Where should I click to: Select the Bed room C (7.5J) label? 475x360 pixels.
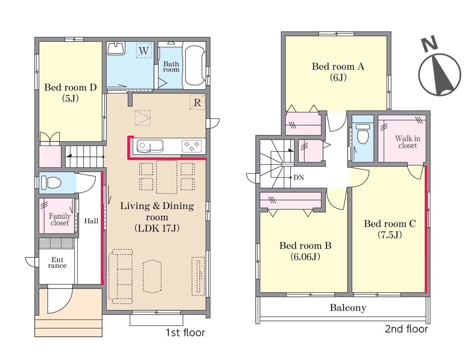click(390, 229)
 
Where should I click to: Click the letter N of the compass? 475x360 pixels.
click(430, 45)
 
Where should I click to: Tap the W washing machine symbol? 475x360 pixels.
click(144, 50)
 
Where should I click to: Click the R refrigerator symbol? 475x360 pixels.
click(197, 102)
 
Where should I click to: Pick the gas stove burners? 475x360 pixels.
click(192, 146)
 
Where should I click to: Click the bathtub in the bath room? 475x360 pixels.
click(194, 65)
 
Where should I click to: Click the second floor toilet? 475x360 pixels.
click(363, 134)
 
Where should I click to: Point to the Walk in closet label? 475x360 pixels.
click(408, 142)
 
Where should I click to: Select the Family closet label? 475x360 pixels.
click(60, 219)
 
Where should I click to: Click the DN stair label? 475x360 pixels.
click(299, 178)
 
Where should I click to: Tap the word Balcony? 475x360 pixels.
click(348, 308)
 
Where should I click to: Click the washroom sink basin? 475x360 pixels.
click(116, 48)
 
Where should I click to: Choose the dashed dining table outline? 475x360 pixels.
click(167, 176)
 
